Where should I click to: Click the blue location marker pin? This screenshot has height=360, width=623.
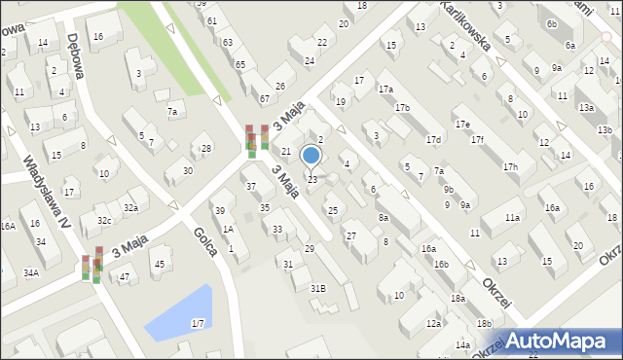311,156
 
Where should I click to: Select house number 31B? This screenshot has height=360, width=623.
317,289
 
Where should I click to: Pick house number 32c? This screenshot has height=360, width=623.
102,221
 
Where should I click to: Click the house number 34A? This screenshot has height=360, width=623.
31,273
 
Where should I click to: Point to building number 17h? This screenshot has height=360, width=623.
510,167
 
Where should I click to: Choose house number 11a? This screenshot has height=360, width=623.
512,219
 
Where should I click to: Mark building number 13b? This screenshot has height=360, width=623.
605,130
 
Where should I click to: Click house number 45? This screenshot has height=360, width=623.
159,265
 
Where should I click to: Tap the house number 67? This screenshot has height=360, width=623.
264,99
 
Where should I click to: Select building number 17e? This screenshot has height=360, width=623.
461,125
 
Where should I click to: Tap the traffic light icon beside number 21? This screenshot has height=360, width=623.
257,140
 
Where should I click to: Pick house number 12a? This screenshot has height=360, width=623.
433,324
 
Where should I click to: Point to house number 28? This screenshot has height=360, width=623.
205,149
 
